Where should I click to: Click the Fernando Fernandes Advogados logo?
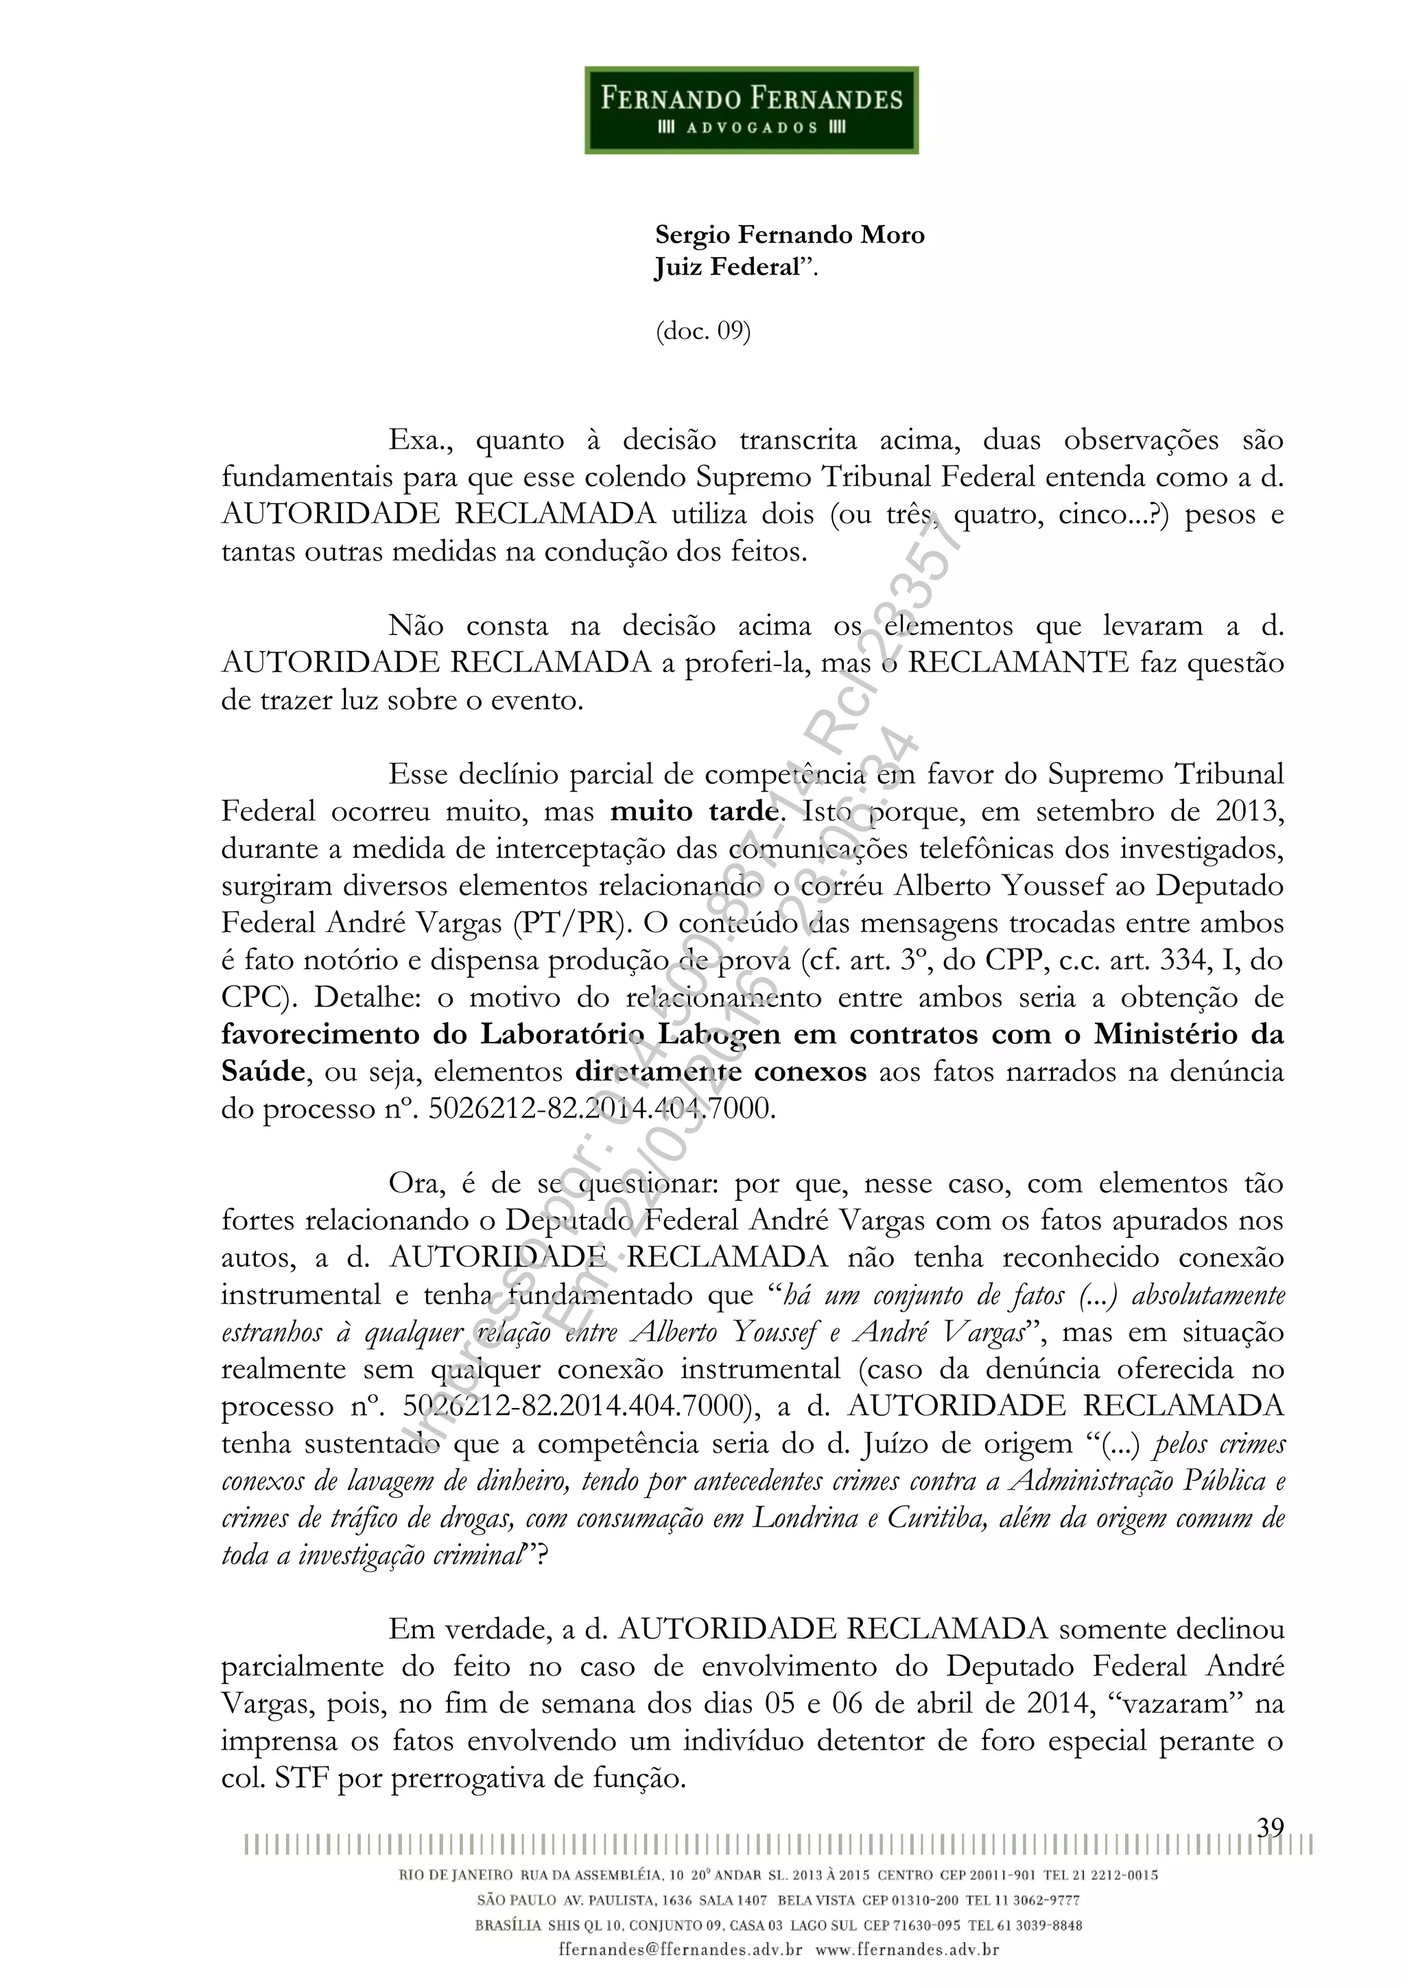click(751, 110)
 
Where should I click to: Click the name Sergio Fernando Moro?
click(790, 235)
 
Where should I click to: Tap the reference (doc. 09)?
click(703, 331)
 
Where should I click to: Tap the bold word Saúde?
click(262, 1071)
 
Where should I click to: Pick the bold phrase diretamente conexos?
click(720, 1071)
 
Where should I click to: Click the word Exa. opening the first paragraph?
click(421, 440)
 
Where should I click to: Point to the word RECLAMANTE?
click(1018, 663)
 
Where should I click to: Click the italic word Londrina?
click(805, 1518)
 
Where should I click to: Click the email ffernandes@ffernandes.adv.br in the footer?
click(681, 1951)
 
